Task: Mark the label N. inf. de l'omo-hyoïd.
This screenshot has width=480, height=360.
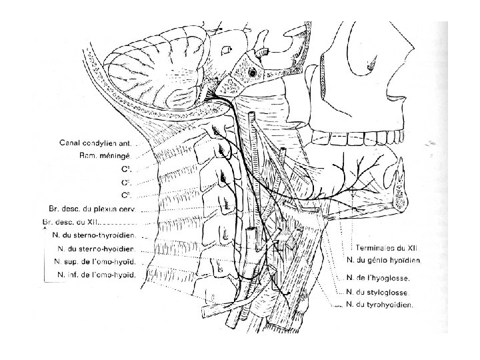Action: coord(97,275)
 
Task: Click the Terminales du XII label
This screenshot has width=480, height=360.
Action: coord(377,247)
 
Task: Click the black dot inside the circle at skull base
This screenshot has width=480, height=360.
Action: coord(253,71)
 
